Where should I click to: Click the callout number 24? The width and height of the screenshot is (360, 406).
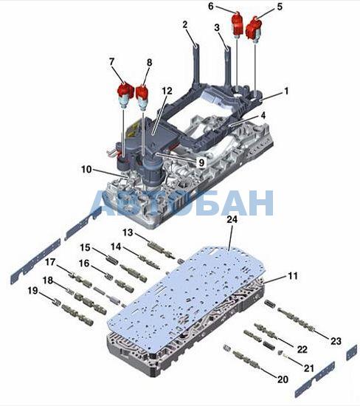[x=232, y=219]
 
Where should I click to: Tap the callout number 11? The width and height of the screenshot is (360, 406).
[x=293, y=276]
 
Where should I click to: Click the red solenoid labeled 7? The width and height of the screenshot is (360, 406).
[x=125, y=94]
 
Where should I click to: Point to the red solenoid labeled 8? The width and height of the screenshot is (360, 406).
[x=142, y=97]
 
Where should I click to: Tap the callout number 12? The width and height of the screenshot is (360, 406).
[x=167, y=91]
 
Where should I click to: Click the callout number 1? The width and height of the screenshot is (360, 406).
[x=286, y=91]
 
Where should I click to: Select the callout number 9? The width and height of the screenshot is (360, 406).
[x=201, y=162]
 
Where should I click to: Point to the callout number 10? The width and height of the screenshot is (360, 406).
[x=86, y=169]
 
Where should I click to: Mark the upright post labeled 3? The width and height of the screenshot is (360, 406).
[x=227, y=65]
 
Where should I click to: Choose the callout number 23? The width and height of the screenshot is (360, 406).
[x=336, y=341]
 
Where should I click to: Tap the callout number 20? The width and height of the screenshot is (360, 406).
[x=283, y=379]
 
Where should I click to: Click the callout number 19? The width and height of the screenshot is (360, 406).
[x=33, y=291]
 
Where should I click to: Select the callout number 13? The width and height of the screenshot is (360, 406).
[x=128, y=233]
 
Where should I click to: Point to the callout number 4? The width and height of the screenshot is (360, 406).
[x=263, y=115]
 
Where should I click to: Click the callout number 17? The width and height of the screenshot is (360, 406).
[x=50, y=262]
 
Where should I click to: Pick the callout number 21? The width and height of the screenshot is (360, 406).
[x=309, y=368]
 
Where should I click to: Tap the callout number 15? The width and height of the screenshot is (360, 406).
[x=85, y=247]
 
